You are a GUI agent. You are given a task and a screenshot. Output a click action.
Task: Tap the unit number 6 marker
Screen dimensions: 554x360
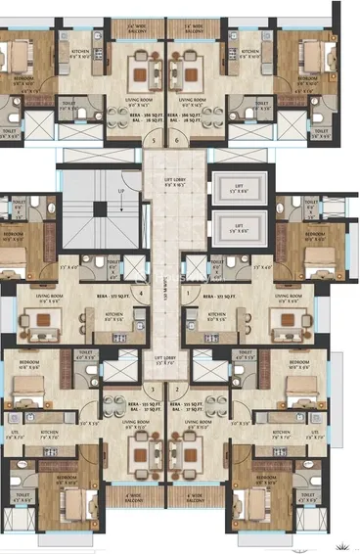tap(177, 139)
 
